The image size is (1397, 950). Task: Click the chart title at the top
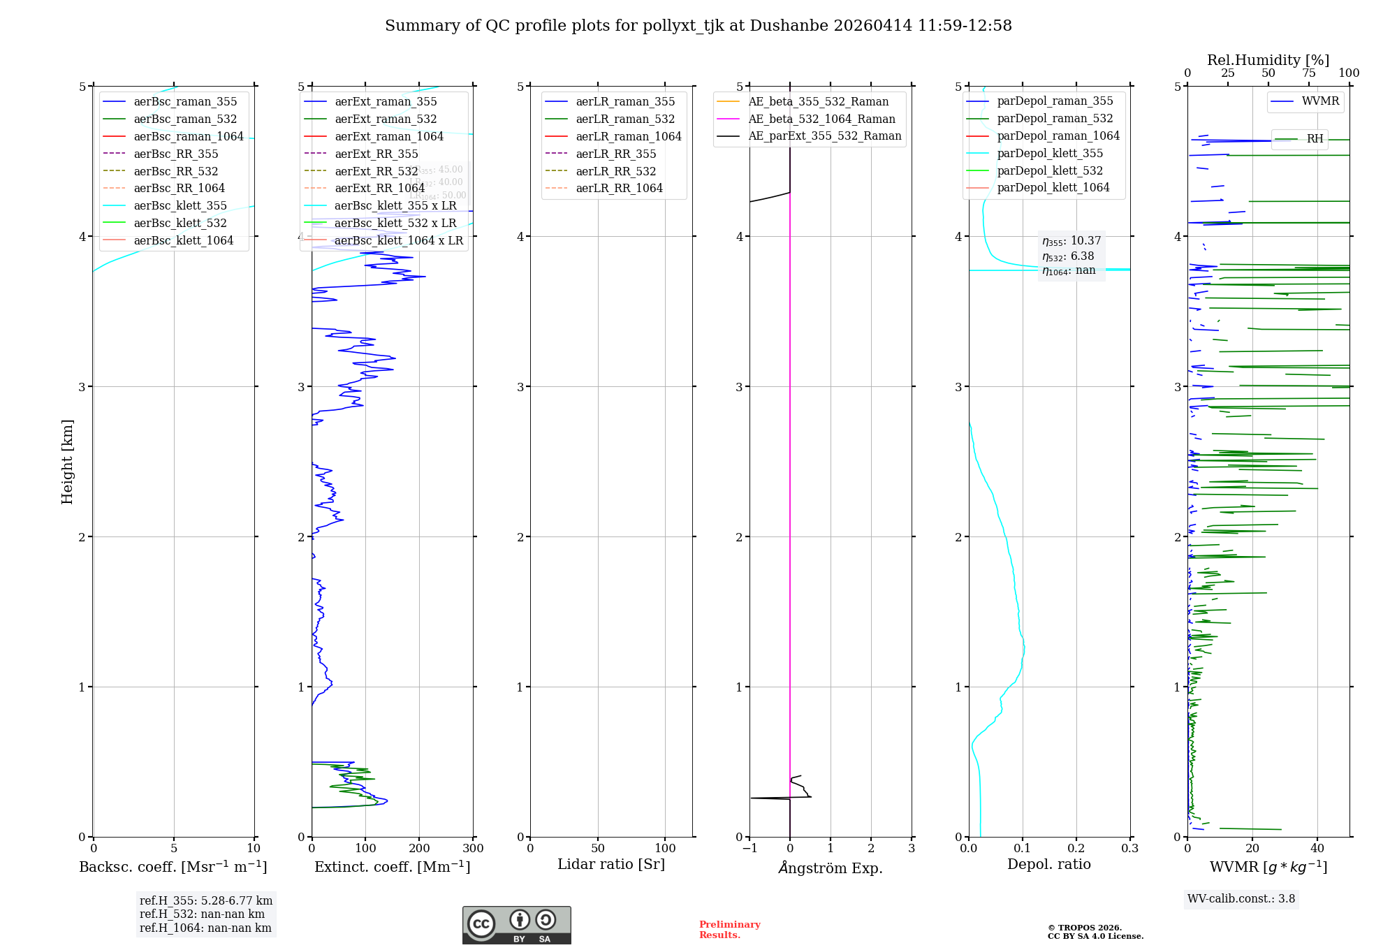(698, 26)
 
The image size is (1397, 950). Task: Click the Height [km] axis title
(67, 462)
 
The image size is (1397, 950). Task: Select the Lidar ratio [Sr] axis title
(611, 864)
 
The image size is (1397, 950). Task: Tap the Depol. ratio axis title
(1048, 864)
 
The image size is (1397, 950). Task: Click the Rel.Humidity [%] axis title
(1268, 60)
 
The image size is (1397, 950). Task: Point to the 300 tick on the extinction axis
(473, 849)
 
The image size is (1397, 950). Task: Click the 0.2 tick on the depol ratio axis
(1076, 849)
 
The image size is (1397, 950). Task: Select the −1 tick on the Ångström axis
(749, 849)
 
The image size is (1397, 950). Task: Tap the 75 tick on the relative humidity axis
(1308, 73)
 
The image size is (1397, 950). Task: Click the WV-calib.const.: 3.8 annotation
(1241, 899)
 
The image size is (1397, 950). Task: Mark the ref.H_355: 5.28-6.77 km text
(206, 901)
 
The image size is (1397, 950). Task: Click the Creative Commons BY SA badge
(516, 926)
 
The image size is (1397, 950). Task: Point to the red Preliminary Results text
(729, 930)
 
